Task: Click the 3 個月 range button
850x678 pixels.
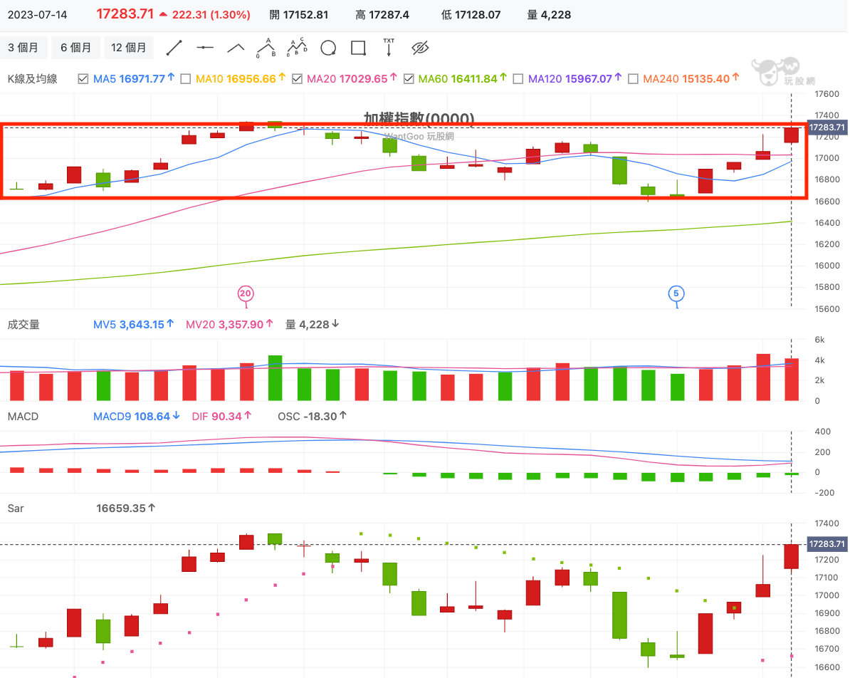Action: click(23, 48)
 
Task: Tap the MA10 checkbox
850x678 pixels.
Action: click(186, 79)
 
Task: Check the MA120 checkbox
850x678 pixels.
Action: click(518, 79)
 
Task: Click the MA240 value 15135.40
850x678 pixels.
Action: click(705, 79)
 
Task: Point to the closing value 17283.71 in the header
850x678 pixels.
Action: click(125, 14)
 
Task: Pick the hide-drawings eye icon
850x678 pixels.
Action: click(420, 48)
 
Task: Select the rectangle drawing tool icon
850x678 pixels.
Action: click(358, 48)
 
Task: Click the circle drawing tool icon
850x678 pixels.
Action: click(328, 48)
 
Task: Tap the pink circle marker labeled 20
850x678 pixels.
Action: click(246, 293)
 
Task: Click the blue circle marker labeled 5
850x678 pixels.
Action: click(676, 293)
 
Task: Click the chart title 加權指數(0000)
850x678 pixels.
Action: click(419, 118)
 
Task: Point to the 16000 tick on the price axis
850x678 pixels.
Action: click(827, 266)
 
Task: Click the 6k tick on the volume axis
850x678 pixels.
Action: click(820, 340)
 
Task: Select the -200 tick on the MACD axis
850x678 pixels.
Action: click(824, 492)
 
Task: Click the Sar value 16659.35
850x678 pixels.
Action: click(120, 508)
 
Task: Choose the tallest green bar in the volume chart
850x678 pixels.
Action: click(275, 377)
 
